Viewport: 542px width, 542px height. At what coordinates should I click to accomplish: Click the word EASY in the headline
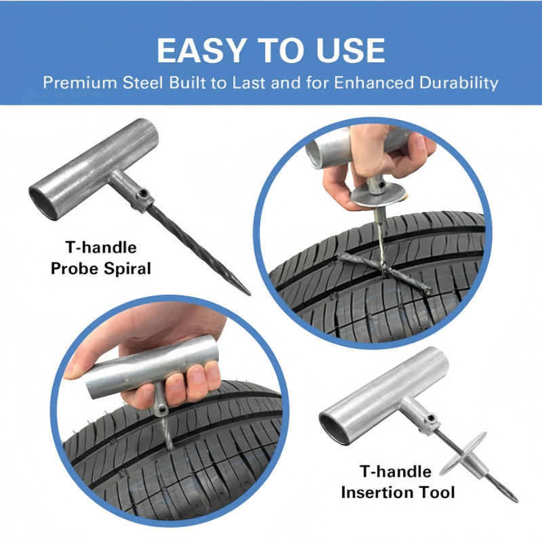click(x=201, y=50)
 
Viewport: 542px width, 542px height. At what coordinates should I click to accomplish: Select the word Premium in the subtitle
click(x=80, y=83)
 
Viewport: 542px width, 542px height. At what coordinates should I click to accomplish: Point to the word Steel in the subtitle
click(x=143, y=83)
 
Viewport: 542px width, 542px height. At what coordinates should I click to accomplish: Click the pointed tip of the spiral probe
click(x=249, y=295)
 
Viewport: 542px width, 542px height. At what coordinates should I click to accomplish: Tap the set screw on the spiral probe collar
click(x=143, y=193)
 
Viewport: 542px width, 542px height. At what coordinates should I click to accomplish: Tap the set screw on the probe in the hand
click(x=161, y=411)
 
